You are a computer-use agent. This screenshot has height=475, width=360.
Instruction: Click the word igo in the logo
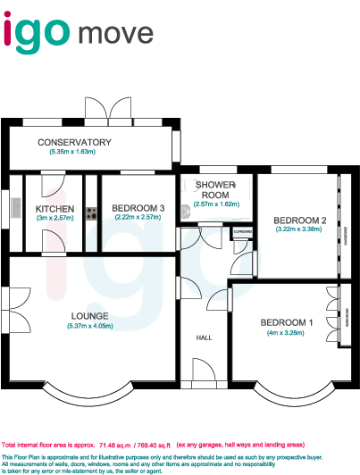coord(38,33)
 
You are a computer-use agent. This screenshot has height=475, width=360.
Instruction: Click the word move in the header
coord(121,36)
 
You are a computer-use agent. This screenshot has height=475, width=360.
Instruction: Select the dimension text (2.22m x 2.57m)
coord(138,217)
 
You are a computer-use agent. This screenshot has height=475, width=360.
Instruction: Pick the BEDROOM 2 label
coord(299,221)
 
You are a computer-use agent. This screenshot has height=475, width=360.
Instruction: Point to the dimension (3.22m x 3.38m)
coord(299,230)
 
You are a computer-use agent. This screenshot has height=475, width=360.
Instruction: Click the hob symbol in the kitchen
coord(90,213)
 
